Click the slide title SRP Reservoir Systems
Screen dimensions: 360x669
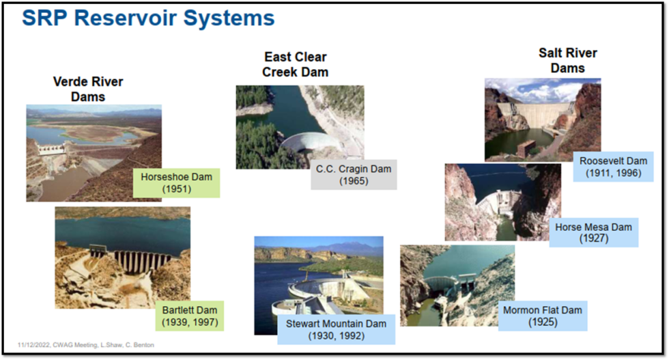click(148, 18)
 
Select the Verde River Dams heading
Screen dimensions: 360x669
click(88, 89)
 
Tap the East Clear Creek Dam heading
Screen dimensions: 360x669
click(296, 64)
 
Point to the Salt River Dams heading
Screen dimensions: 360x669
click(567, 60)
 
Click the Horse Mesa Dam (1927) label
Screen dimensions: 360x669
click(593, 232)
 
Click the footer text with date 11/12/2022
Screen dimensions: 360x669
click(86, 345)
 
